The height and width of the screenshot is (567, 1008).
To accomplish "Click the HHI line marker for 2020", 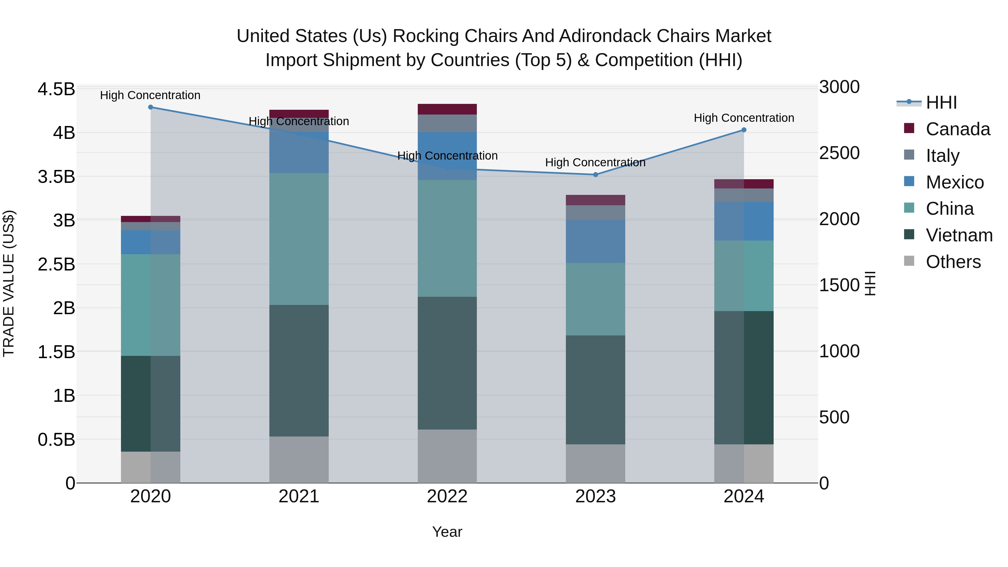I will [x=151, y=107].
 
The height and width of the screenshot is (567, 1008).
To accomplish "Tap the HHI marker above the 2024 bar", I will [x=744, y=130].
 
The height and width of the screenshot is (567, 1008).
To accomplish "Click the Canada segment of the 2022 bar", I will [x=447, y=109].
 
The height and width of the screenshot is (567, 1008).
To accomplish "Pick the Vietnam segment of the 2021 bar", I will [x=299, y=370].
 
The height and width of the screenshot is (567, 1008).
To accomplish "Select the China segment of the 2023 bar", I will [x=596, y=299].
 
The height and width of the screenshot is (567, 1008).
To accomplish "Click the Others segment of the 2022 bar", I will [x=447, y=456].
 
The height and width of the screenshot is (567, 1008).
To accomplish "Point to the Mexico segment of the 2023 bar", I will [x=596, y=241].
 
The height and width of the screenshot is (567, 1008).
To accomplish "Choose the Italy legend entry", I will [x=942, y=155].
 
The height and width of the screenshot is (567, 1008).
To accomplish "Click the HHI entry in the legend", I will [x=941, y=102].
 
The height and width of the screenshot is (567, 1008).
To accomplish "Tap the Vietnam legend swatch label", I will [x=959, y=235].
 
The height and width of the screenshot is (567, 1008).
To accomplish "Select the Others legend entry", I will [x=953, y=262].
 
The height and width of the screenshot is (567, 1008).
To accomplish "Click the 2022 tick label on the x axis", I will [x=447, y=496].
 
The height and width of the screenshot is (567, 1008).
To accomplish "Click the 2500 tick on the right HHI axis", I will [x=839, y=153].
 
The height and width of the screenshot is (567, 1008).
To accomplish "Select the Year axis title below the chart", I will [x=447, y=532].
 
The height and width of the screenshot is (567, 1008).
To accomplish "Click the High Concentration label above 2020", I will [x=150, y=95].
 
